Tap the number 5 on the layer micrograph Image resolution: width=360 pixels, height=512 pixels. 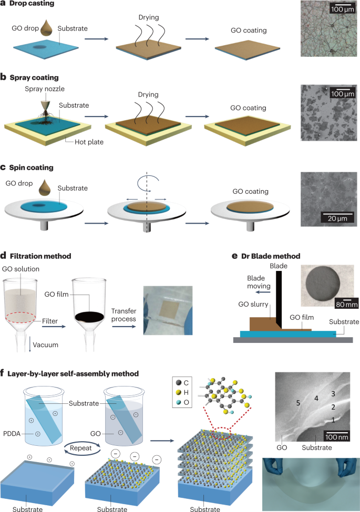(x=297, y=404)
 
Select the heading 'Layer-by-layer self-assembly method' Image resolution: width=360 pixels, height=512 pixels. (x=73, y=373)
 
